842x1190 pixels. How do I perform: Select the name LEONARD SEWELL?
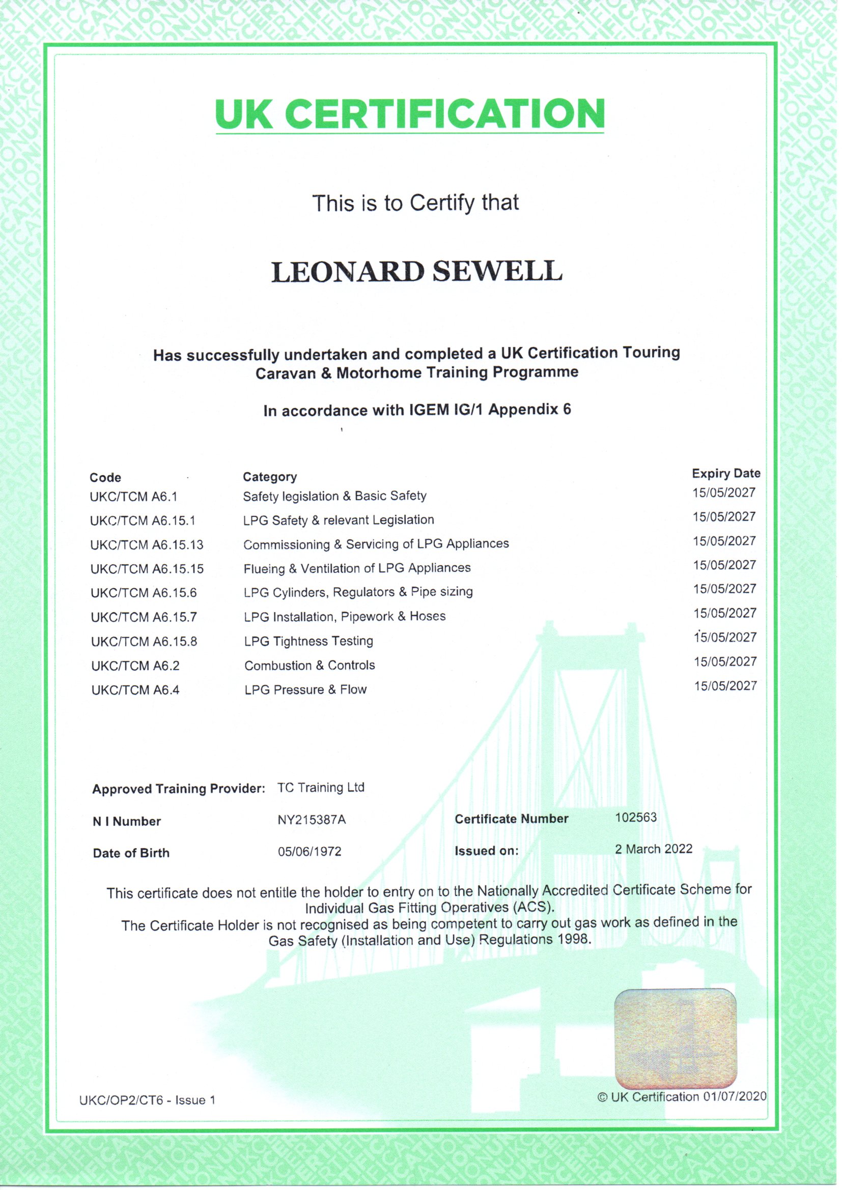pyautogui.click(x=417, y=272)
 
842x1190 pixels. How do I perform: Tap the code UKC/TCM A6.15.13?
pyautogui.click(x=147, y=545)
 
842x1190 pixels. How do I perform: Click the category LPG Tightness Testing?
pyautogui.click(x=308, y=641)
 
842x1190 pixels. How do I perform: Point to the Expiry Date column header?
pyautogui.click(x=726, y=473)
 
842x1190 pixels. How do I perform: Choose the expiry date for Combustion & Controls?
pyautogui.click(x=725, y=661)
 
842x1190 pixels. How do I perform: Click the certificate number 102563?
pyautogui.click(x=636, y=818)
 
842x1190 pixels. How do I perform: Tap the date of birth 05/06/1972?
pyautogui.click(x=310, y=852)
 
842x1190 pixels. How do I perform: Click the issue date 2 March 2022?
pyautogui.click(x=653, y=849)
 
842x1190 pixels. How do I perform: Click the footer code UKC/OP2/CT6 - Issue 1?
pyautogui.click(x=147, y=1100)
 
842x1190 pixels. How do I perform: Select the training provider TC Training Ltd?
pyautogui.click(x=321, y=788)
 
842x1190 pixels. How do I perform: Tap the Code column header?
pyautogui.click(x=105, y=477)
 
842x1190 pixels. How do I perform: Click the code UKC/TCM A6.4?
pyautogui.click(x=135, y=690)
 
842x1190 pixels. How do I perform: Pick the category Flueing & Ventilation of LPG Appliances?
pyautogui.click(x=357, y=569)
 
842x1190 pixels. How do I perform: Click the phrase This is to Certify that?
pyautogui.click(x=415, y=202)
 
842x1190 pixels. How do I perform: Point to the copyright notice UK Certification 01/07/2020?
pyautogui.click(x=682, y=1097)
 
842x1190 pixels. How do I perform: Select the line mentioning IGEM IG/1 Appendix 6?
pyautogui.click(x=417, y=410)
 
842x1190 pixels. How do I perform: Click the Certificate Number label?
pyautogui.click(x=511, y=819)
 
